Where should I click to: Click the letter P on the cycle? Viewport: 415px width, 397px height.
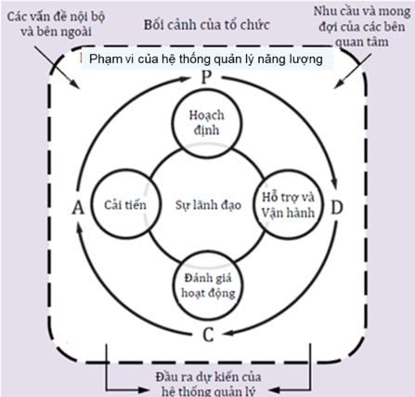coord(206,77)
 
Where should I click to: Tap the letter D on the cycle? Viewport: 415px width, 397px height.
coord(337,207)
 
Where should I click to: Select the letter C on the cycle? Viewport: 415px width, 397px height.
coord(208,335)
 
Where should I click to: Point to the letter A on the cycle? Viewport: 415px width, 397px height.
coord(78,207)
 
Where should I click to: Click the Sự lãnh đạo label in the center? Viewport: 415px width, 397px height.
coord(208,205)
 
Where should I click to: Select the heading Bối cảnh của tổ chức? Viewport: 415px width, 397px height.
coord(207,25)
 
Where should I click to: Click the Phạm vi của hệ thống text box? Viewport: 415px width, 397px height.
coord(207,59)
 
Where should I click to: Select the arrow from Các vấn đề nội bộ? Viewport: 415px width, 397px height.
coord(56,67)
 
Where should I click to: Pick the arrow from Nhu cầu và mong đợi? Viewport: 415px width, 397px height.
coord(353,71)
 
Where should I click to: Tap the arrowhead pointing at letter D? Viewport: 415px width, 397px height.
coord(334,182)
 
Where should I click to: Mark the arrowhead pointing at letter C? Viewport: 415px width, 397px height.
coord(228,333)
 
